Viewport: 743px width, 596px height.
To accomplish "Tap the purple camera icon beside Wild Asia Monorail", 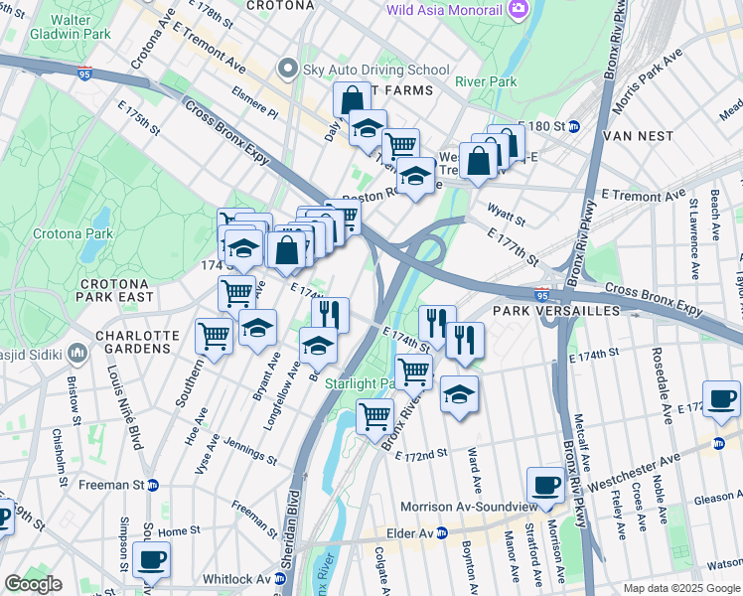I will click(517, 9).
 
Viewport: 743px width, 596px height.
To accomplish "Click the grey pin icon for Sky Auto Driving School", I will click(288, 69).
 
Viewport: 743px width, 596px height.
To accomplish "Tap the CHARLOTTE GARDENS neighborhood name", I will click(136, 342).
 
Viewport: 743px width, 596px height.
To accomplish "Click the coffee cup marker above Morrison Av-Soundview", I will click(545, 485).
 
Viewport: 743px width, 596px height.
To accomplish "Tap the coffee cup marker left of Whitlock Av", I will click(151, 559).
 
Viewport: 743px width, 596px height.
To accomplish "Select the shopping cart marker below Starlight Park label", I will click(374, 416).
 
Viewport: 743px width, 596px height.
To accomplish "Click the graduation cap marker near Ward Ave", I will click(459, 393).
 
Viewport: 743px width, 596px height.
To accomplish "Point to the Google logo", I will click(34, 584).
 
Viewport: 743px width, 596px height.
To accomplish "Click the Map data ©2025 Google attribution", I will click(680, 588).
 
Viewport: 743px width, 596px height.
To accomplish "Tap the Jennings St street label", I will click(249, 452).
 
